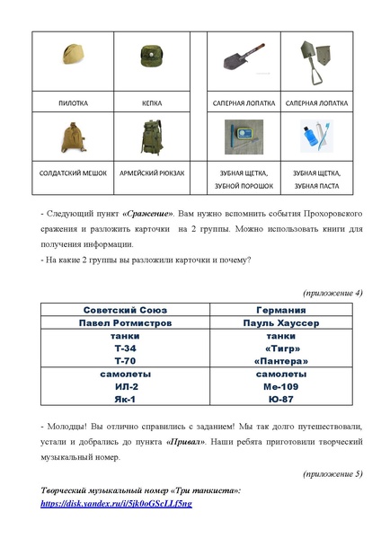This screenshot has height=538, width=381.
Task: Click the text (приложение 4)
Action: coord(333,293)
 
